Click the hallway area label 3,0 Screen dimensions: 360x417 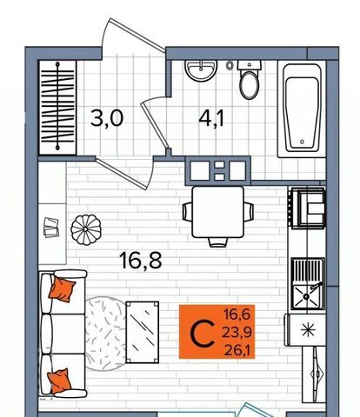click(x=107, y=118)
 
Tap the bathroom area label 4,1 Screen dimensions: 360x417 click(x=211, y=118)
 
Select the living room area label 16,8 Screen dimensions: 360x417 click(x=140, y=261)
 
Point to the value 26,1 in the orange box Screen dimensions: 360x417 click(x=237, y=351)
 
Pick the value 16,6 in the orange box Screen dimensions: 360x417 click(x=237, y=314)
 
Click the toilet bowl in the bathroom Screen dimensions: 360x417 click(x=249, y=85)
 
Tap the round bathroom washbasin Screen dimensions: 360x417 click(x=201, y=70)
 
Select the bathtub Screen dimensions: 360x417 click(x=302, y=109)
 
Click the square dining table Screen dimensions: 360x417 click(x=218, y=212)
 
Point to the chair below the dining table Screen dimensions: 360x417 click(x=218, y=242)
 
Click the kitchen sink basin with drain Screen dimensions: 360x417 click(x=307, y=296)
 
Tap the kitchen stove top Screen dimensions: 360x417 click(x=308, y=208)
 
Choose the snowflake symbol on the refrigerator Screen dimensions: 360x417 click(x=308, y=330)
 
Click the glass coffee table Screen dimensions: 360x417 click(x=143, y=332)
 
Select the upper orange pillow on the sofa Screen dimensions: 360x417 click(x=62, y=289)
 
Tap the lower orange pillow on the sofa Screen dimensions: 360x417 click(x=59, y=381)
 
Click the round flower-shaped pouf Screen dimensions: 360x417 click(x=86, y=229)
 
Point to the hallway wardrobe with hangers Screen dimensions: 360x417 click(x=57, y=107)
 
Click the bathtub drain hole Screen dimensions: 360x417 click(x=303, y=142)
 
